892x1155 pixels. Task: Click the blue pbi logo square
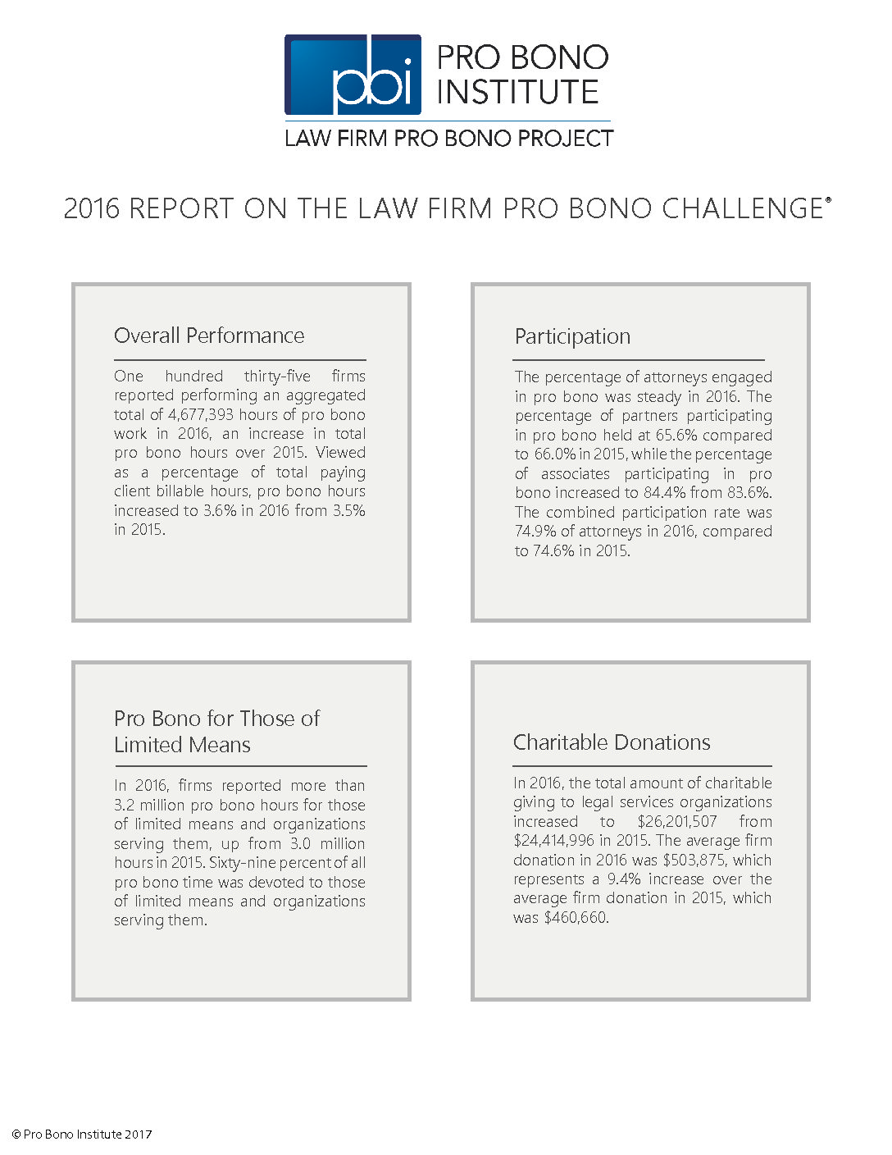[353, 75]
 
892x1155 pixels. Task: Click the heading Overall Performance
[209, 336]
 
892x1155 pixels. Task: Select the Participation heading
[572, 336]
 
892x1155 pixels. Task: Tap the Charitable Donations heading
[612, 742]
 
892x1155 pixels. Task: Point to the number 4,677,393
[201, 414]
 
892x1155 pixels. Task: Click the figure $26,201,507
[677, 821]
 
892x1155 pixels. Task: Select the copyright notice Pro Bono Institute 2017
[82, 1134]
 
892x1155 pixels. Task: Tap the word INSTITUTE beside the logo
[517, 92]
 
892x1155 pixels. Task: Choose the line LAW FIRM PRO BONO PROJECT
[448, 138]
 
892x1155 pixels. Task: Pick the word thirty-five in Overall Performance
[277, 376]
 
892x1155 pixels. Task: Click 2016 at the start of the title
[92, 208]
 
